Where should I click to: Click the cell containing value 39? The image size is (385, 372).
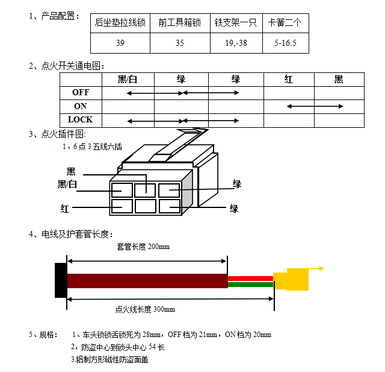pos(120,43)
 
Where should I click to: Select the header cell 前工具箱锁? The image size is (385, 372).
pos(180,23)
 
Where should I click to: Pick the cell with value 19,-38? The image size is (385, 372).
pos(236,43)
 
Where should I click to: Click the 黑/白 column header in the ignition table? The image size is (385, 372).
pos(128,80)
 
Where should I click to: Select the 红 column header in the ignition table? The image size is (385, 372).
pos(289,80)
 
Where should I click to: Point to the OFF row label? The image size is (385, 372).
pos(81,93)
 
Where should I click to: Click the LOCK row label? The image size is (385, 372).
pos(81,119)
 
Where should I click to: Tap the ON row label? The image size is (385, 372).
pos(81,106)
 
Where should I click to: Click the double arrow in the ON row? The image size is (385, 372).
pos(315,106)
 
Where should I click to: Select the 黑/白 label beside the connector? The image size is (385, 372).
pos(67,184)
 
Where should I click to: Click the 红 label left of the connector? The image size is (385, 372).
pos(65,209)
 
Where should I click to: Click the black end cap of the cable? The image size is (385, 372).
pos(60,280)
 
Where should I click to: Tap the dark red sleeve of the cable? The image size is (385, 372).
pos(147,280)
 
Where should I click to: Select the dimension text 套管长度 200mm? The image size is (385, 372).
pos(143,247)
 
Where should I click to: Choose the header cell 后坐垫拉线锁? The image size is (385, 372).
pos(120,23)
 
